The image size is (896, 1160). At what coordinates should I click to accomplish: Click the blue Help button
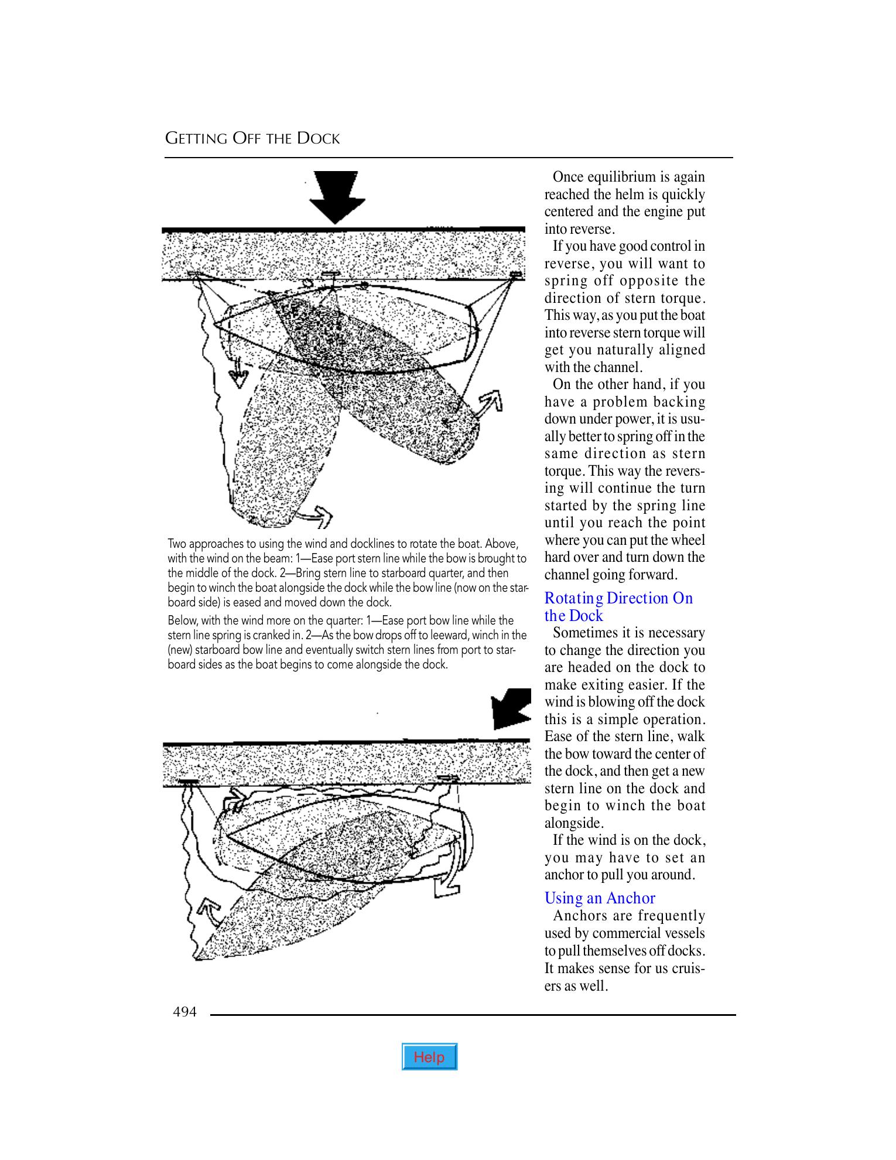click(429, 1057)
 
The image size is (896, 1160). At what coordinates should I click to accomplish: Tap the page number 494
click(184, 1012)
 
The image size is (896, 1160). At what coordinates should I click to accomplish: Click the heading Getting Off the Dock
click(252, 139)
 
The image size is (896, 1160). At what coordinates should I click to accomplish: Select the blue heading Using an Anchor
click(600, 898)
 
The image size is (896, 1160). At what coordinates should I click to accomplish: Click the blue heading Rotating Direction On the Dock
click(618, 606)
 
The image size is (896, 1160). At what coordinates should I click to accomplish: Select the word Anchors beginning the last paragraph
click(580, 916)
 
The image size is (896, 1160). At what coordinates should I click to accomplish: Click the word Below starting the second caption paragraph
click(182, 620)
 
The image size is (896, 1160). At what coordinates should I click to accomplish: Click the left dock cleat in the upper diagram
click(194, 274)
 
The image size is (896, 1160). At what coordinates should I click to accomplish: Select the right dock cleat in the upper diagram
click(516, 274)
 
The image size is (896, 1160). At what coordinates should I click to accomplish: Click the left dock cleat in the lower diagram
click(189, 782)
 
